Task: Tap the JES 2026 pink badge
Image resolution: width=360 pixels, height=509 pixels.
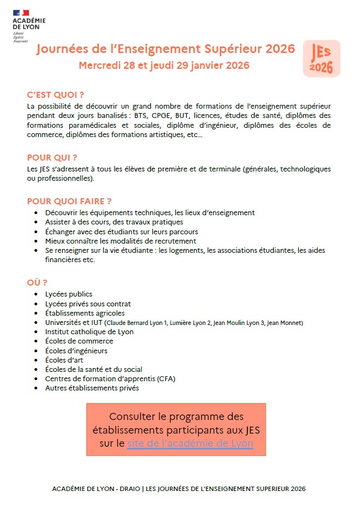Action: (321, 58)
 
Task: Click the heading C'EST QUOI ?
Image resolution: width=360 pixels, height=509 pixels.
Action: (55, 94)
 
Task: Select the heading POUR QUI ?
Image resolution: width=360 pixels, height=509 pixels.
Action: (52, 158)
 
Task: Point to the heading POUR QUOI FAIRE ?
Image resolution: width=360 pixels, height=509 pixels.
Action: (69, 201)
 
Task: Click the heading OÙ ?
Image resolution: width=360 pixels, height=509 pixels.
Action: (37, 282)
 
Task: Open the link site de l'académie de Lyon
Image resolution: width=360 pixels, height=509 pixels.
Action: (190, 443)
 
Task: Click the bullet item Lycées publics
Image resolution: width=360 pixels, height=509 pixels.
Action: (69, 294)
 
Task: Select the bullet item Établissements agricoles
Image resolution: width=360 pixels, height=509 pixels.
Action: (85, 313)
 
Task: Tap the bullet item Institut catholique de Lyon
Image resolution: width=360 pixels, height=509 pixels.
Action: (89, 332)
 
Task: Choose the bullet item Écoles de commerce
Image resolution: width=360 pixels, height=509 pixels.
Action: (79, 341)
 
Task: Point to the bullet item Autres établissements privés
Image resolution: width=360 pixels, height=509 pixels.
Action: (92, 388)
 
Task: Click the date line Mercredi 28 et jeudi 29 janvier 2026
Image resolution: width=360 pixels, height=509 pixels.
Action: (164, 66)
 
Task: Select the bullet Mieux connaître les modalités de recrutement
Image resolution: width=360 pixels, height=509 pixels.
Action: (121, 241)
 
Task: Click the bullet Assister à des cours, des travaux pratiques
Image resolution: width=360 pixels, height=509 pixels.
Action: (114, 222)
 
